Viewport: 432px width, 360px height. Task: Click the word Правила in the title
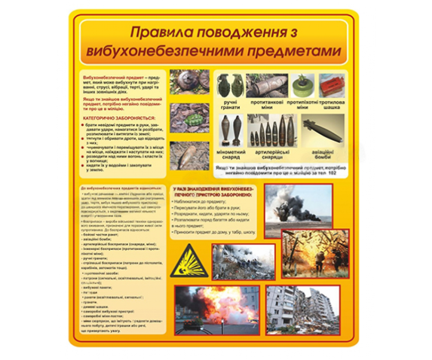tap(161, 33)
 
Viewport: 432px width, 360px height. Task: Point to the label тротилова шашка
tap(332, 102)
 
